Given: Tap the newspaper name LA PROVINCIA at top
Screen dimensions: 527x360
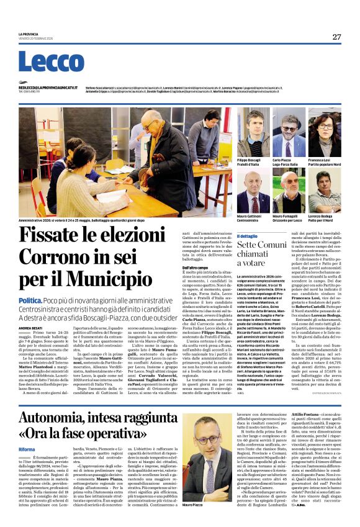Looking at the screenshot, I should pos(29,34).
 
